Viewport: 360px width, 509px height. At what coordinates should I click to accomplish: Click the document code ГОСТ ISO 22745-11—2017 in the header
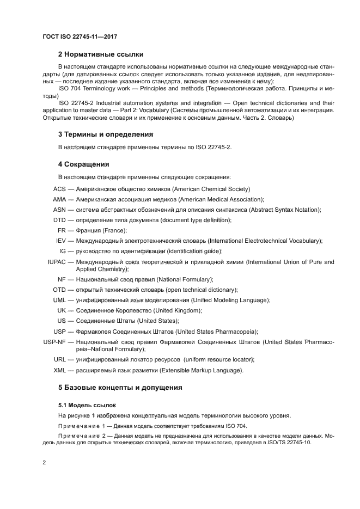[80, 36]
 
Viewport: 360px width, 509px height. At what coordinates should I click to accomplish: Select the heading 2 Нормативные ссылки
[101, 54]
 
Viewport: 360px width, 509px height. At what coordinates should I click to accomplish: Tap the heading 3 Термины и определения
[105, 134]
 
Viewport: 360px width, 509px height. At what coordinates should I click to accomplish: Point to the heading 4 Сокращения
[84, 164]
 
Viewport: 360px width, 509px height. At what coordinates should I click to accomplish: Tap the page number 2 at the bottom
[44, 463]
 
